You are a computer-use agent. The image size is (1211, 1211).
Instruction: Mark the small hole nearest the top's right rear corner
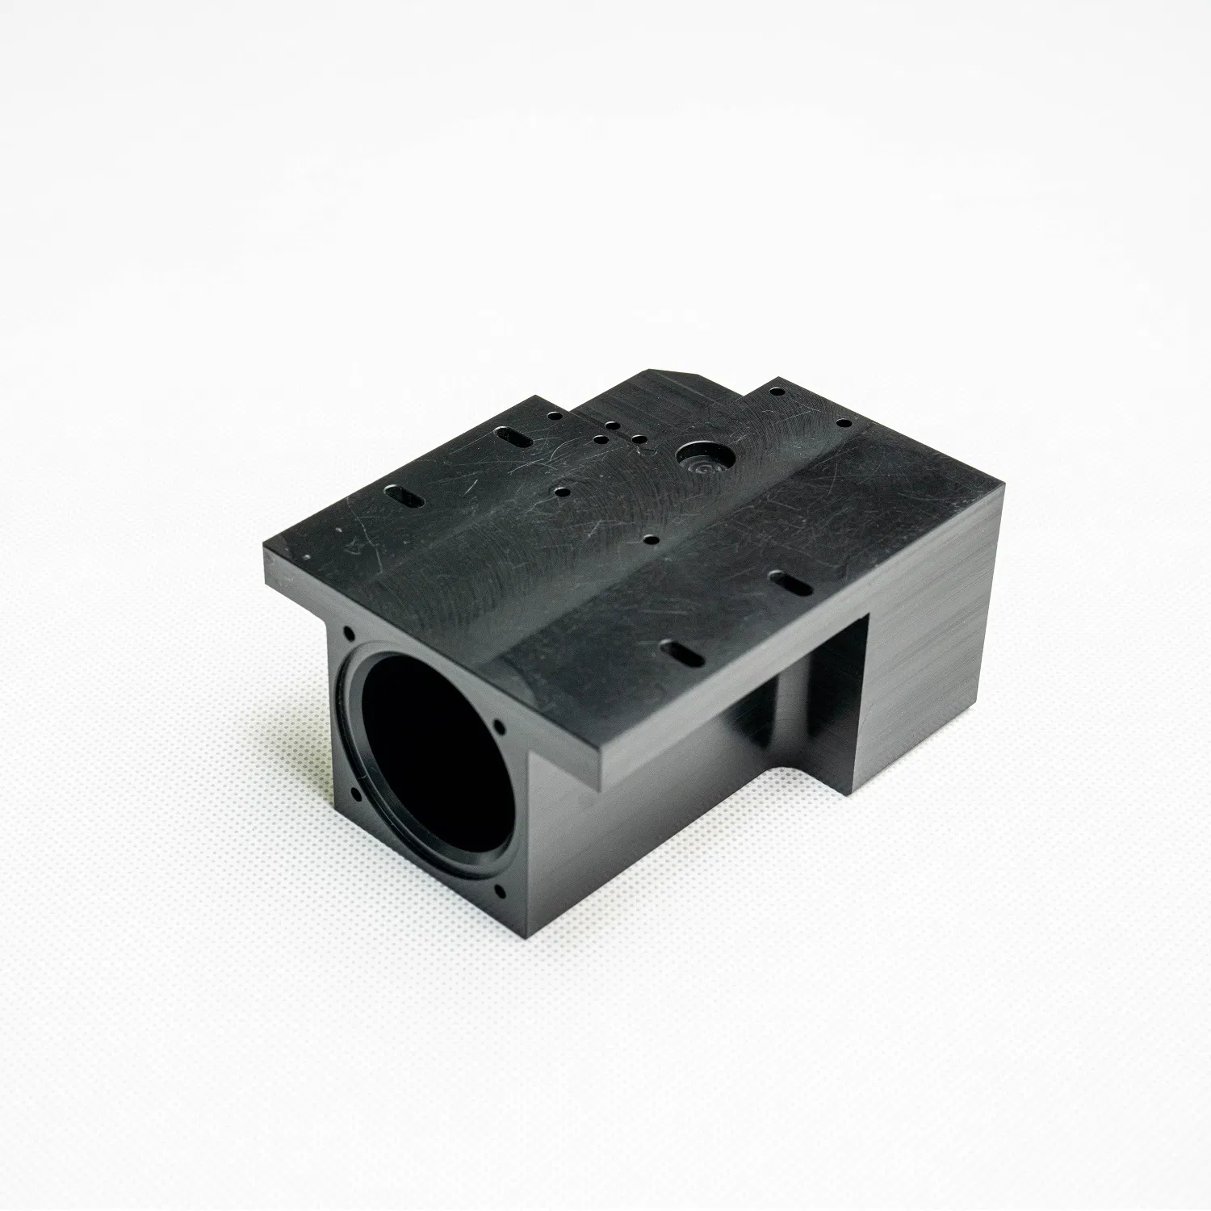843,422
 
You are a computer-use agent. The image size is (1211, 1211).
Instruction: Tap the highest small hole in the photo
776,392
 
